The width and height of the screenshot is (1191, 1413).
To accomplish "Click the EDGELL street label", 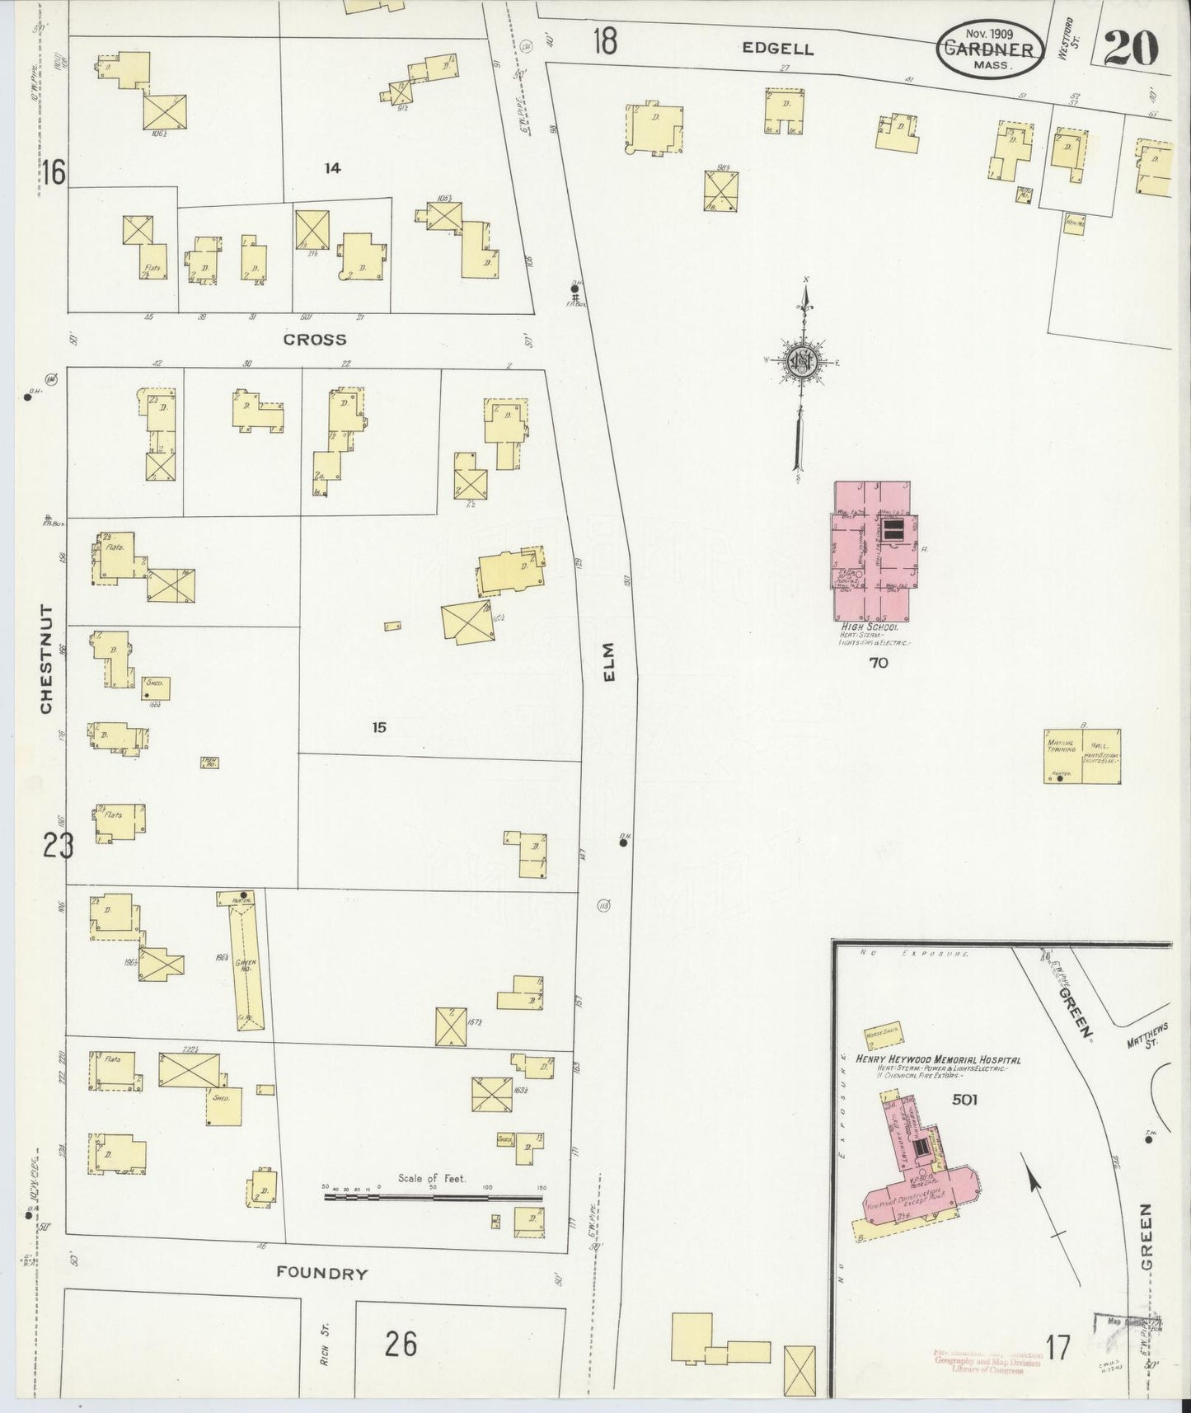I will pos(777,49).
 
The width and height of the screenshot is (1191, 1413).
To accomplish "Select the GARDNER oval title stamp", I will pos(987,49).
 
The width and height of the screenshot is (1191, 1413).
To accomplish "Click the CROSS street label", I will pos(314,340).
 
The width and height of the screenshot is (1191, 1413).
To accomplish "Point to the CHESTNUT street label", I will pos(46,660).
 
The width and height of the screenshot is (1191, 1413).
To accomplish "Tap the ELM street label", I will pos(610,663).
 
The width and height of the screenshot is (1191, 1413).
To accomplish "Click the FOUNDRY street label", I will pos(321,1273).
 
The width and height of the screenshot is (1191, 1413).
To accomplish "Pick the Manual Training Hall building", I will pos(1082,755).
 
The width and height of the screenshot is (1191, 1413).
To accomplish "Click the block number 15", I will pos(378,727).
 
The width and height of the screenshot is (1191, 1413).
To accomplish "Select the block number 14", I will pos(332,168).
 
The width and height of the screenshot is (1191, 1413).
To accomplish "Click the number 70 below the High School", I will pos(879,662).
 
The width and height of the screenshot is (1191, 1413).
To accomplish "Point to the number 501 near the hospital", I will pos(964,1099).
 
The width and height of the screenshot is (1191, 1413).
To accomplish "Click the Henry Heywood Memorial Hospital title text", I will pos(938,1059).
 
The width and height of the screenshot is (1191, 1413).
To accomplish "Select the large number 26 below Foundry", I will pos(401,1345).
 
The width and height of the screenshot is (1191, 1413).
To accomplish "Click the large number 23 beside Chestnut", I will pos(58,846).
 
